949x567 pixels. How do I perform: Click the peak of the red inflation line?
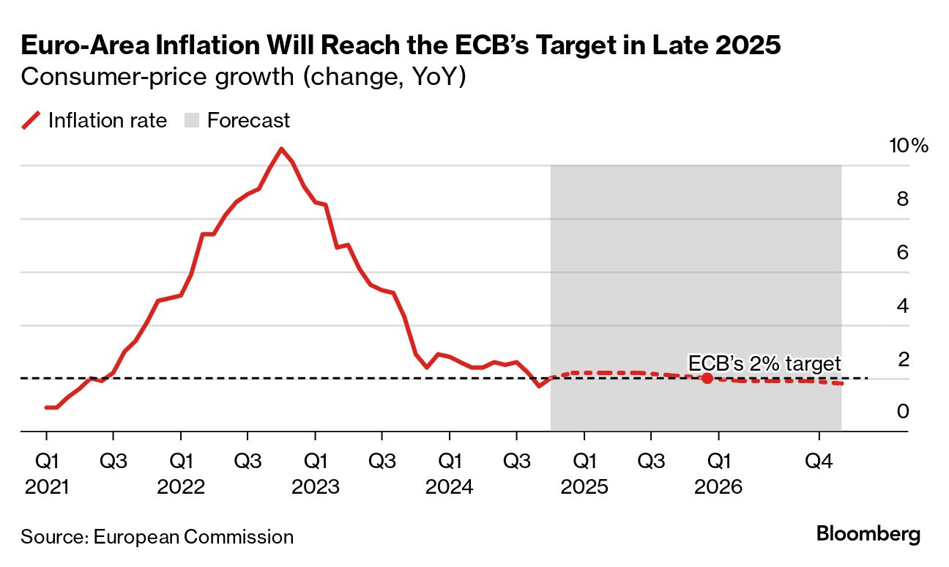[x=280, y=149]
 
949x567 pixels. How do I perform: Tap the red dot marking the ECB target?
[x=707, y=378]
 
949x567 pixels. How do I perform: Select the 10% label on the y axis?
[x=908, y=145]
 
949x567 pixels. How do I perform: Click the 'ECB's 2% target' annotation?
[x=764, y=363]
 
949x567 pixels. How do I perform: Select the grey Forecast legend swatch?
[x=193, y=121]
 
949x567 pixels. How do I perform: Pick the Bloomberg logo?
[x=868, y=534]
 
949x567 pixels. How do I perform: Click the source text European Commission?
[x=193, y=536]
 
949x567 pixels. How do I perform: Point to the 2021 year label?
[x=46, y=486]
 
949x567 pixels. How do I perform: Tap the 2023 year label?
[x=315, y=486]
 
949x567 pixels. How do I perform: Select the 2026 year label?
[x=718, y=486]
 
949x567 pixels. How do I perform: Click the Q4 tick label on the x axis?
[x=819, y=462]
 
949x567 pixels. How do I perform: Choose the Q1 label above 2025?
[x=584, y=462]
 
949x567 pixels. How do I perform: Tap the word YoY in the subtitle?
[x=430, y=77]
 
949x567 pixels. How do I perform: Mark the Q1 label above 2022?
[x=181, y=462]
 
